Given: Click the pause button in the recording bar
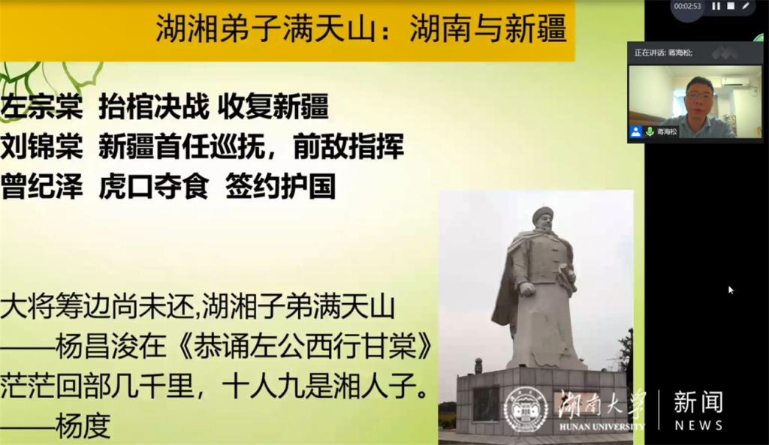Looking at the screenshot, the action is tap(716, 6).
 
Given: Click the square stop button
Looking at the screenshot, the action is tap(731, 6).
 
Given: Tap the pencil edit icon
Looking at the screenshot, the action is tap(746, 6).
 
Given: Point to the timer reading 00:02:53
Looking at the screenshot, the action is tap(687, 6).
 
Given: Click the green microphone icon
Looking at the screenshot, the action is tap(650, 131).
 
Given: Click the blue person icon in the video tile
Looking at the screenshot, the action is tap(635, 131).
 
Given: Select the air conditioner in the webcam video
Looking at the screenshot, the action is tap(734, 83).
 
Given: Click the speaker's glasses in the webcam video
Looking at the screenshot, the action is tap(699, 95).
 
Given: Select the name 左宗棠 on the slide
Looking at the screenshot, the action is tap(42, 107).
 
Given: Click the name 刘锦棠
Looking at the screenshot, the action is tap(42, 146).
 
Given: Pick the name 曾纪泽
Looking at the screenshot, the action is tap(42, 186).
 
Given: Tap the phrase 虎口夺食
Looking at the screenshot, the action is tap(154, 186).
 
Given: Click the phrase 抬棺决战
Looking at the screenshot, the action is tap(154, 107).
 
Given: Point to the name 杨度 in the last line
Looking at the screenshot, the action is tap(83, 425).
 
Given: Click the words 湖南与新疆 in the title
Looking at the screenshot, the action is tap(488, 29).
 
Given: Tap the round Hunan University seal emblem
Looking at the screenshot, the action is tap(526, 410).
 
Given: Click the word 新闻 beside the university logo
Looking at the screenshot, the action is tap(698, 402).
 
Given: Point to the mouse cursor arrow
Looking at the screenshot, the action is tap(731, 290).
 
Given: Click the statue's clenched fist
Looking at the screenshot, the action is tap(526, 289).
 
